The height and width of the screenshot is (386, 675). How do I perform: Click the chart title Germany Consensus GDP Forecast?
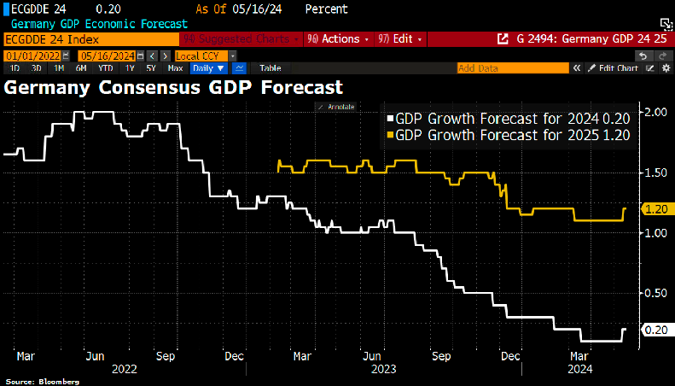coord(173,87)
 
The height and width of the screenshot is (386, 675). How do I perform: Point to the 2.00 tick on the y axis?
coord(656,113)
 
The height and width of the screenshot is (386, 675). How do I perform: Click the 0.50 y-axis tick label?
coord(656,293)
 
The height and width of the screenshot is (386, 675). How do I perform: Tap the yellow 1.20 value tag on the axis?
coord(658,208)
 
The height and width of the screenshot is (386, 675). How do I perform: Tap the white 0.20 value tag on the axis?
coord(658,330)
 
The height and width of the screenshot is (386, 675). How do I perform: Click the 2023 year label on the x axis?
coord(382,369)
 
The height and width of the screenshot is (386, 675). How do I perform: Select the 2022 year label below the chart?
coord(124,369)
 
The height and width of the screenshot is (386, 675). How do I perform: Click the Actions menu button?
coord(340,39)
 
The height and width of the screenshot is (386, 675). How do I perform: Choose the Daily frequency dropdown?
coord(208,67)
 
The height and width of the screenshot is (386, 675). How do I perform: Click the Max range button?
coord(175,67)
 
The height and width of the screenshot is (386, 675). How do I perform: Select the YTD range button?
coord(105,67)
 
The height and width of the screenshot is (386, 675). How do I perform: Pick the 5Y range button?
coord(151,67)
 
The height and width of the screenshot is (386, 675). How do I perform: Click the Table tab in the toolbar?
coord(270,67)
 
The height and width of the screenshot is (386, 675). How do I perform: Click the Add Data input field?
coord(512,67)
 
